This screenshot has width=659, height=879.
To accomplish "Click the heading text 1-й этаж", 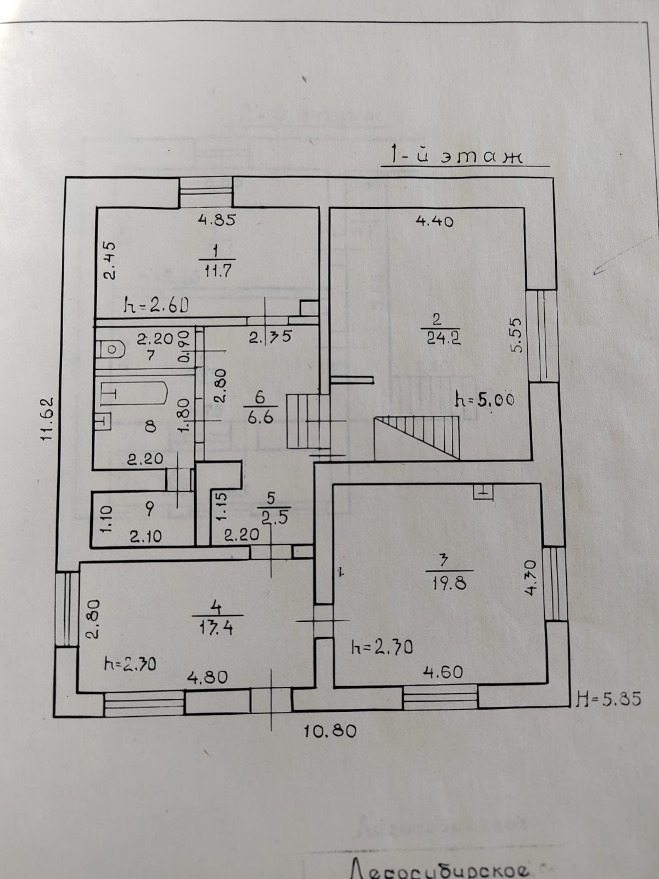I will pos(455,155).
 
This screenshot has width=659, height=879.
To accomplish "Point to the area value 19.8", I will pos(449,582).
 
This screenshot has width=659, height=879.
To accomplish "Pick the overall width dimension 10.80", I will pos(331,731).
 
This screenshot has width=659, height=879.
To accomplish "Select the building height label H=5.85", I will pos(607,699).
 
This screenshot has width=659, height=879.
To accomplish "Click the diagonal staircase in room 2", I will pos(416,436).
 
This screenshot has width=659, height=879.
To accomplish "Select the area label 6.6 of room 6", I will pos(260,417).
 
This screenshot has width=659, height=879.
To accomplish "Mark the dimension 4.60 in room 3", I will pos(443,671).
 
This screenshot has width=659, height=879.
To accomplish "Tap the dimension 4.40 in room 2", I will pos(434,221).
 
